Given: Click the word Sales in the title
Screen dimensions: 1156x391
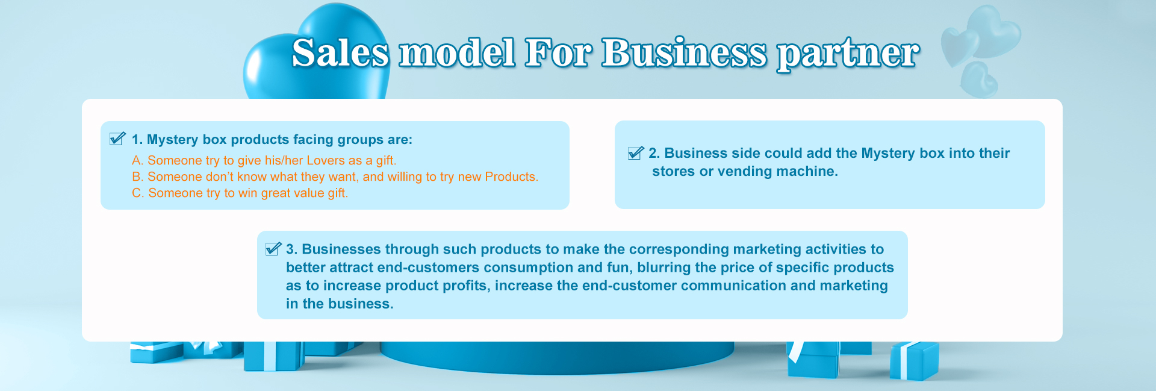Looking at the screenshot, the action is [341, 52].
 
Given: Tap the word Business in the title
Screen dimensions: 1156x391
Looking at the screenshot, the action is [684, 52].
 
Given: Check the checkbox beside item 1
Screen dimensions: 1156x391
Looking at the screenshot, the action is [117, 139].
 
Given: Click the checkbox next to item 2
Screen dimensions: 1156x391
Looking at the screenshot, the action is [636, 152].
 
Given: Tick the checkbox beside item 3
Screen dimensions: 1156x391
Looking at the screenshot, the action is [273, 248].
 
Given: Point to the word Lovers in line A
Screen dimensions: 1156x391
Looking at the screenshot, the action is [326, 160].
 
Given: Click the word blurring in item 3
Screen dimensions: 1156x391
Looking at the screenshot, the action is [663, 267].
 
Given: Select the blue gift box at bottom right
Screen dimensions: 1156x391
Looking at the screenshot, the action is [914, 360].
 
